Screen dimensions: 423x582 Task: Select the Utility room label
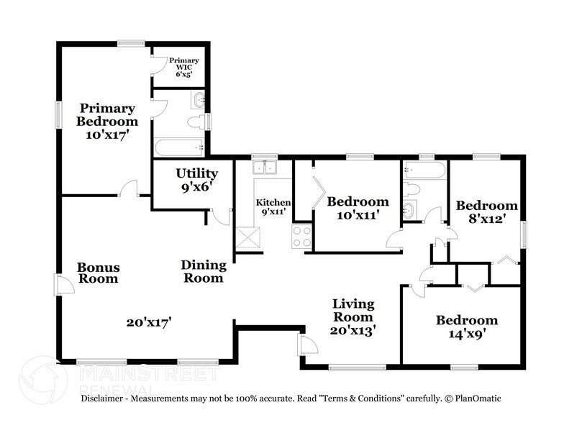pos(196,180)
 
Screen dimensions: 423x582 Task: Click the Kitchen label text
pos(273,207)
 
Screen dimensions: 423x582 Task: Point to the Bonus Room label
pos(99,273)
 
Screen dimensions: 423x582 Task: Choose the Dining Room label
pos(202,270)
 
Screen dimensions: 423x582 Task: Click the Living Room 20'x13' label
pos(353,317)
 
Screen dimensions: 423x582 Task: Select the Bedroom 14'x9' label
pos(466,327)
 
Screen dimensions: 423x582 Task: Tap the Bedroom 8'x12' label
pos(487,213)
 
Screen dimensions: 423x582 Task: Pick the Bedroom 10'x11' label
pos(358,208)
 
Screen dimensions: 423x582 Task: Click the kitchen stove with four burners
pos(302,237)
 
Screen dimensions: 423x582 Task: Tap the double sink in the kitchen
pos(265,168)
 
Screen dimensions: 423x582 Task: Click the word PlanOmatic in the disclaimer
pos(476,399)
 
